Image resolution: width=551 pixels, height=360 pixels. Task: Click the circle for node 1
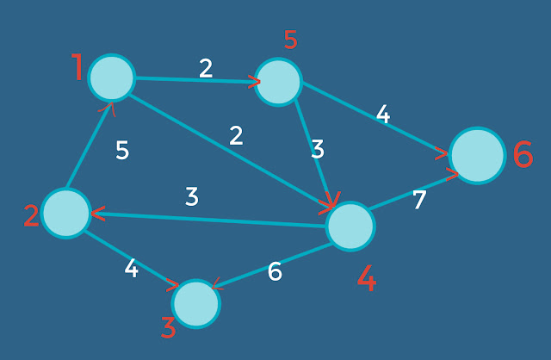(x=112, y=78)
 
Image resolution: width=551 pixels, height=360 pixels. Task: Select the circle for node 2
(x=66, y=213)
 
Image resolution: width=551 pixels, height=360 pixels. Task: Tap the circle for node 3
(x=196, y=303)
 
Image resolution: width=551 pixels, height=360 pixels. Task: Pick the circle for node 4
(x=350, y=227)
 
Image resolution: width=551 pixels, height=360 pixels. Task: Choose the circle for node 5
(x=278, y=82)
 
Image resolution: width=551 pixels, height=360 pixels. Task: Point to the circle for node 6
(x=476, y=156)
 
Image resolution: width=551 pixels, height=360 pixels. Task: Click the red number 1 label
(x=77, y=67)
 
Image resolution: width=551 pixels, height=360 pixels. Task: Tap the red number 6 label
(x=523, y=155)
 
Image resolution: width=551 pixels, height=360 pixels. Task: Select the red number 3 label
(x=169, y=328)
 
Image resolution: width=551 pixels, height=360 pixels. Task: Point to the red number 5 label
(x=290, y=40)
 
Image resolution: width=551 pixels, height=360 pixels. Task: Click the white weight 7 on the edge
(x=419, y=200)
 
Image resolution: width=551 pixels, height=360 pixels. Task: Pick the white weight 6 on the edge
(x=275, y=272)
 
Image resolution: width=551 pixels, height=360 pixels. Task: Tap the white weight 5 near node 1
(x=122, y=151)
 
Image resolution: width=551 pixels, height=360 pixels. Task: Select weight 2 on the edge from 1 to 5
(x=206, y=68)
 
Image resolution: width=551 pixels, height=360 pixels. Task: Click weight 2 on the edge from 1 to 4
(x=236, y=135)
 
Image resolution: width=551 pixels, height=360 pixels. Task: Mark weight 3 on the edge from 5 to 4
(x=318, y=150)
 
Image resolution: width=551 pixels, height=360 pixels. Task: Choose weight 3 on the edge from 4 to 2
(x=192, y=196)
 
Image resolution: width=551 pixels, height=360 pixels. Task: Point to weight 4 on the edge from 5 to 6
(x=383, y=115)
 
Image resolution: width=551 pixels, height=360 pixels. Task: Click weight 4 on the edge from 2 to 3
(x=131, y=269)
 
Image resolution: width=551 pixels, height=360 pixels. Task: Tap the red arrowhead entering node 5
(x=255, y=82)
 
